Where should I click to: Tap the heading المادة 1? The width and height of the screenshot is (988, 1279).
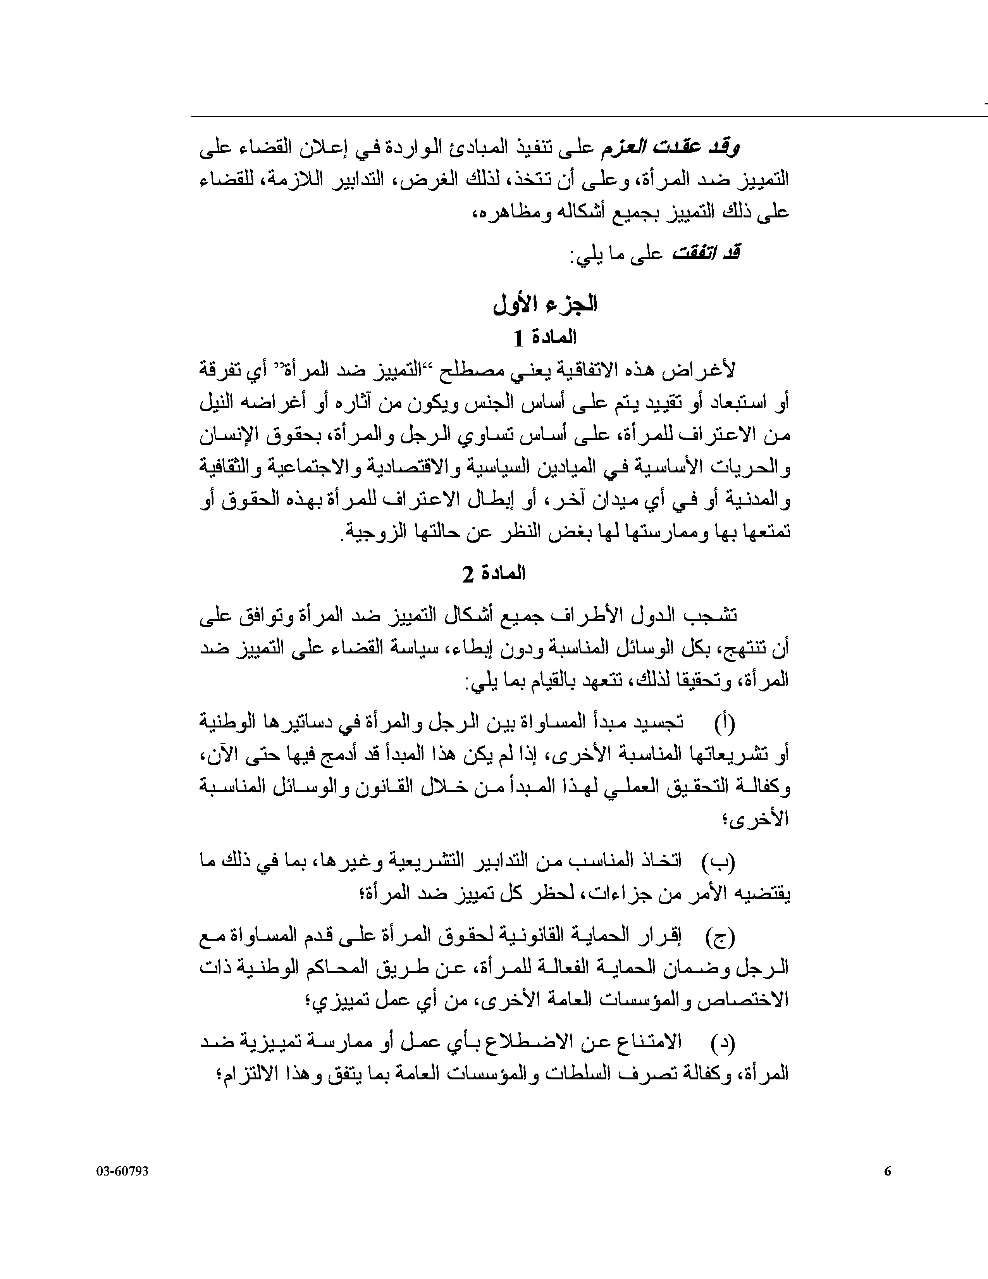(x=545, y=338)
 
